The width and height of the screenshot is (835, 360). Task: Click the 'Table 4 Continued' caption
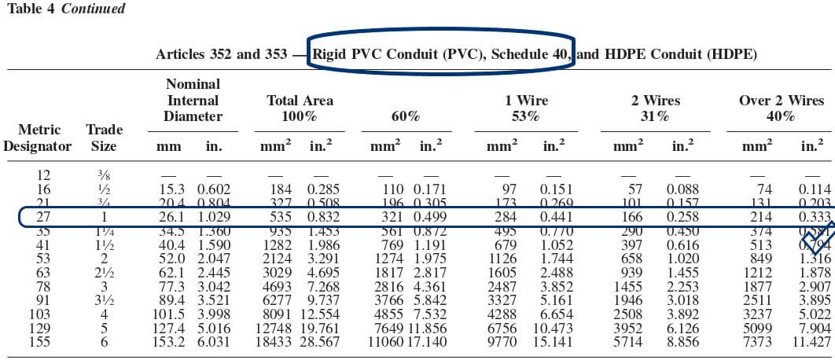tap(65, 9)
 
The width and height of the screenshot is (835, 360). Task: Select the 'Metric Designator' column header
tap(37, 138)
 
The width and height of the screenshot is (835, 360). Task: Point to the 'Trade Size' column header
tap(103, 138)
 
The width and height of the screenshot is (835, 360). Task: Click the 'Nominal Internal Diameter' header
tap(193, 100)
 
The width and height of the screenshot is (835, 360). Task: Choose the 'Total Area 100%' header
tap(300, 108)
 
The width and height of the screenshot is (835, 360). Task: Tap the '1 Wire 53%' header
tap(526, 108)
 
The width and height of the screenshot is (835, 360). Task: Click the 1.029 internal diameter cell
tap(214, 216)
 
